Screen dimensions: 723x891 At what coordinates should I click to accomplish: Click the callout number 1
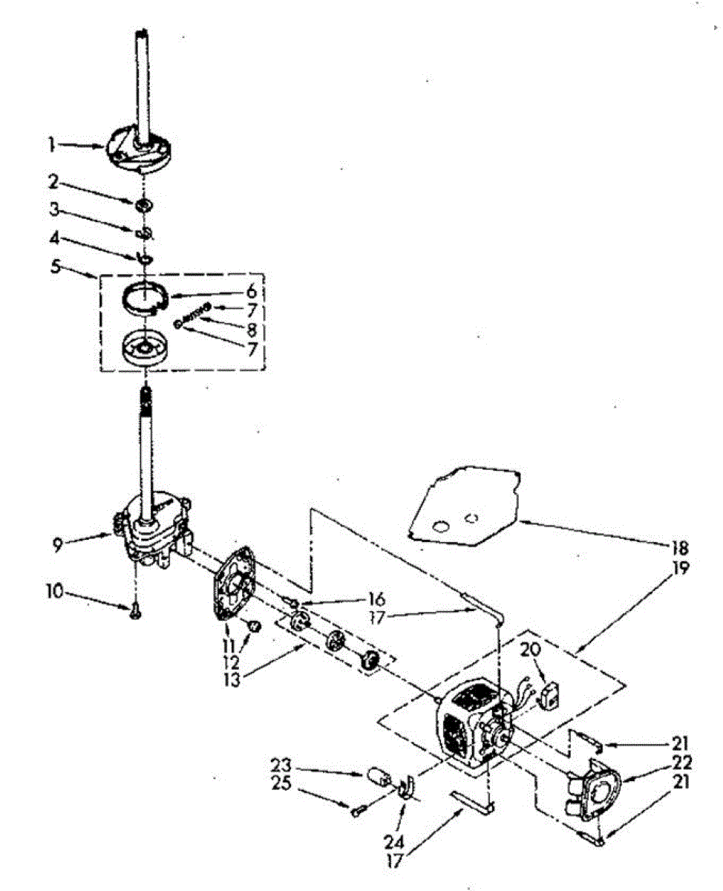tap(52, 146)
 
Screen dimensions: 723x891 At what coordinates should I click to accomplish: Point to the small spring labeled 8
tap(194, 315)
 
